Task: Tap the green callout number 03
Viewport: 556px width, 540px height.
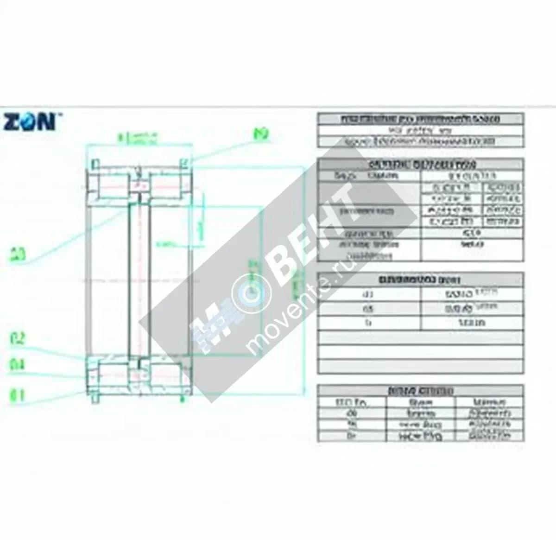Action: pyautogui.click(x=18, y=254)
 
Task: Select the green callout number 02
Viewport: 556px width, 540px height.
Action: pyautogui.click(x=17, y=339)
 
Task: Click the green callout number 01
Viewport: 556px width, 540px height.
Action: pyautogui.click(x=17, y=396)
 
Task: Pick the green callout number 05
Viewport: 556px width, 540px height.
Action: pyautogui.click(x=261, y=134)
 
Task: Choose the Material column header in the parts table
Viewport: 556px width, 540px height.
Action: pyautogui.click(x=489, y=402)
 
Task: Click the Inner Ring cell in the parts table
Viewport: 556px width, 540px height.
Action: pyautogui.click(x=421, y=425)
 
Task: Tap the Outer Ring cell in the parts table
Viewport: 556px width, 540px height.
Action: pyautogui.click(x=421, y=436)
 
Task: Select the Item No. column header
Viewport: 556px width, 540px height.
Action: pyautogui.click(x=351, y=402)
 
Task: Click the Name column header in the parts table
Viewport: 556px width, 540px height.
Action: pyautogui.click(x=421, y=402)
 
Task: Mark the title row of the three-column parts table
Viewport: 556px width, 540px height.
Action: pyautogui.click(x=420, y=391)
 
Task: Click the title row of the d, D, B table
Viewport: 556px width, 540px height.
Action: pyautogui.click(x=420, y=280)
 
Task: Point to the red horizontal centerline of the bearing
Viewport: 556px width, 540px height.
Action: pyautogui.click(x=139, y=281)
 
